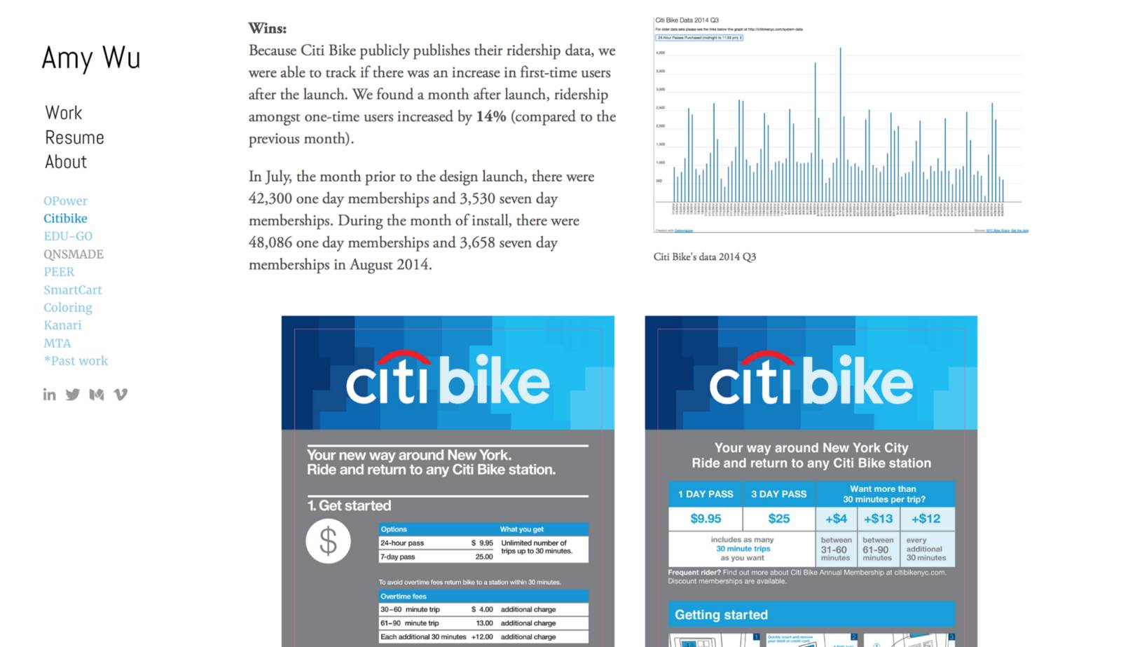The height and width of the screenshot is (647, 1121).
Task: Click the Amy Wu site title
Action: coord(91,58)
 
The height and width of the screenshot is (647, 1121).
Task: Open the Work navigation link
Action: coord(64,113)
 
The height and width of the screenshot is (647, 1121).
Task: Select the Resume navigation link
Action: coord(74,137)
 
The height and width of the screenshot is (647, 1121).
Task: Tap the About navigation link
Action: coord(66,162)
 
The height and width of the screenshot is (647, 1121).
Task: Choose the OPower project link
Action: coord(65,200)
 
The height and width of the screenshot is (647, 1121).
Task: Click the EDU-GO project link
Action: coord(68,236)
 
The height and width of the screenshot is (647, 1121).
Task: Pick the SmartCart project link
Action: coord(73,290)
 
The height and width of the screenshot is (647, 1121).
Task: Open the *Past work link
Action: coord(76,361)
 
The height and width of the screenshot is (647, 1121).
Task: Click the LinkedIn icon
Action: coord(49,395)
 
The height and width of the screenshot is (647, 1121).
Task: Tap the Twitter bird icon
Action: coord(73,395)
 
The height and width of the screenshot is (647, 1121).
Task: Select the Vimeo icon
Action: coord(121,395)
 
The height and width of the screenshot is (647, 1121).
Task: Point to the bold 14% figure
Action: coord(490,116)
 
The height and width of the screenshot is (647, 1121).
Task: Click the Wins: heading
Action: coord(268,29)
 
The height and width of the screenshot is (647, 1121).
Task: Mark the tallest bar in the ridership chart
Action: coord(840,126)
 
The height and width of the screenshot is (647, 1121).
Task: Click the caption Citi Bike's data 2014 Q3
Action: coord(704,257)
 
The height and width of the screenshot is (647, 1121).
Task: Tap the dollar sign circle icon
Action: coord(328,542)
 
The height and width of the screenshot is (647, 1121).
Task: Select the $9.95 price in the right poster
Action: coord(706,519)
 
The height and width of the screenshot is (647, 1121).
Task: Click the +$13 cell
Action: coord(878,519)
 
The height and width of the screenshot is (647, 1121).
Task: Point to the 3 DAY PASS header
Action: coord(778,494)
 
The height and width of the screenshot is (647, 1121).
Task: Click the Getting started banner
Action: coord(811,615)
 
